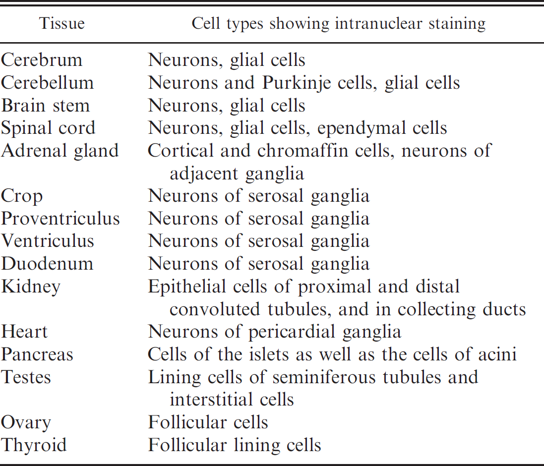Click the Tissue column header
point(62,24)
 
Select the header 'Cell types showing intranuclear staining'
point(338,24)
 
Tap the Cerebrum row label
point(42,60)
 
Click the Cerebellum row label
point(48,82)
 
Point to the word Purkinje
point(296,83)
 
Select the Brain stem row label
point(46,106)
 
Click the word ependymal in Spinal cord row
point(361,128)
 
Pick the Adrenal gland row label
point(60,151)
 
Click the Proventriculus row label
point(60,219)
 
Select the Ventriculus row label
point(48,241)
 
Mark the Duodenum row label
point(47,264)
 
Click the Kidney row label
point(31,287)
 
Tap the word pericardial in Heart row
point(292,332)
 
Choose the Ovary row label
point(26,423)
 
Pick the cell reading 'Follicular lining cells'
point(235,445)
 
